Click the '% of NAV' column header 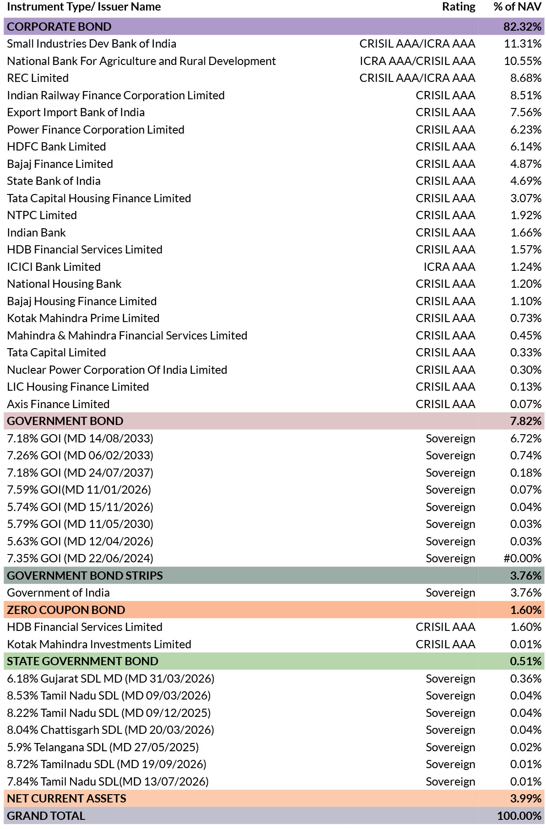[x=517, y=7]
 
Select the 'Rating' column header [x=459, y=7]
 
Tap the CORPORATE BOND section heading [x=59, y=27]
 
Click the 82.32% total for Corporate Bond [x=522, y=27]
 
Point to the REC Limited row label [x=38, y=78]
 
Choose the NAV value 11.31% [x=523, y=43]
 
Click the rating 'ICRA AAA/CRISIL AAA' [x=417, y=61]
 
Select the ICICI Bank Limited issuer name [x=54, y=267]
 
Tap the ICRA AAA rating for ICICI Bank [x=449, y=267]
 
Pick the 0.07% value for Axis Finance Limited [x=526, y=404]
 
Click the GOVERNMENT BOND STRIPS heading [x=85, y=576]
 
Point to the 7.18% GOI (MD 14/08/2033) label [x=80, y=438]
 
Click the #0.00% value [x=522, y=558]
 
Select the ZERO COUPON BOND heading [x=66, y=610]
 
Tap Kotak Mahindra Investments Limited [x=99, y=644]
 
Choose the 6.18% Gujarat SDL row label [x=110, y=678]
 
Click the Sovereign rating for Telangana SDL [x=450, y=747]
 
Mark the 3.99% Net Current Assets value [x=526, y=798]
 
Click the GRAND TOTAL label [x=46, y=816]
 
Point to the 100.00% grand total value [x=519, y=816]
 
